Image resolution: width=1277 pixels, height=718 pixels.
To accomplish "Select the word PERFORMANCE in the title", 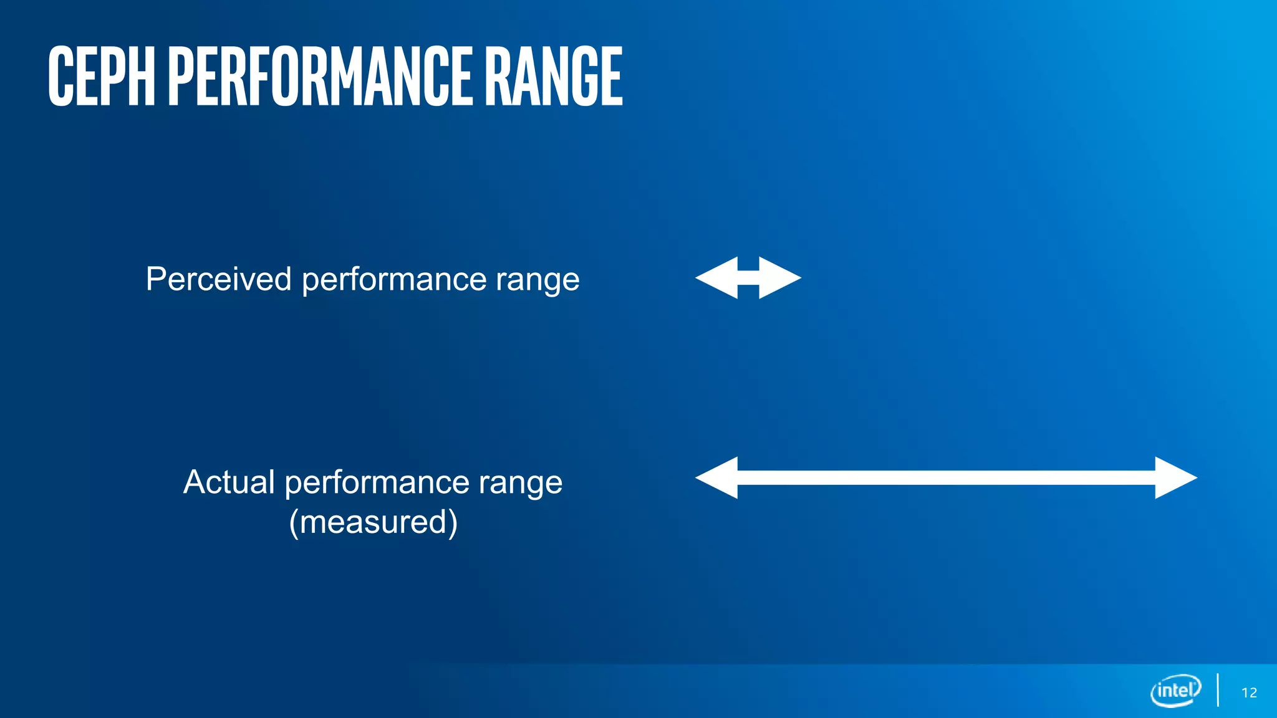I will [320, 76].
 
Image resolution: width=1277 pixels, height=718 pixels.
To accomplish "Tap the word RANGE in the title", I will [553, 76].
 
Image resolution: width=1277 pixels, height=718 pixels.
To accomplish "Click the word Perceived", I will [218, 279].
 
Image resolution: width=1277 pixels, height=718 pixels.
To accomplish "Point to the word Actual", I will [229, 482].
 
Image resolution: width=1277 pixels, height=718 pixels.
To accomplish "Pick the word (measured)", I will [373, 522].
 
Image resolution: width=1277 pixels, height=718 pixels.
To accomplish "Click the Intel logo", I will [1175, 691].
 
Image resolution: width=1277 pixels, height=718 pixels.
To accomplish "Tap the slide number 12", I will [1249, 692].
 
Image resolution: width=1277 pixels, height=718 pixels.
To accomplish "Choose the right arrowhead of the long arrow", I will [1175, 478].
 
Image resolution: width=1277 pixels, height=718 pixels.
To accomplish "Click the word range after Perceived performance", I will [537, 280].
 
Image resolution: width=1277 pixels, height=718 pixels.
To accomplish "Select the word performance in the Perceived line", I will [394, 280].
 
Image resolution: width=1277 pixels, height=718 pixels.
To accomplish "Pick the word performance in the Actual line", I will [377, 483].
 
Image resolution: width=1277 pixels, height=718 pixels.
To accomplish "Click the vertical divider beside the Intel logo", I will [1218, 690].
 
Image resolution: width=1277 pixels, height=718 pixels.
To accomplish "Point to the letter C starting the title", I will [60, 76].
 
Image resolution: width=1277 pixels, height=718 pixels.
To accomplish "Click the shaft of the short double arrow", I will [748, 278].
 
